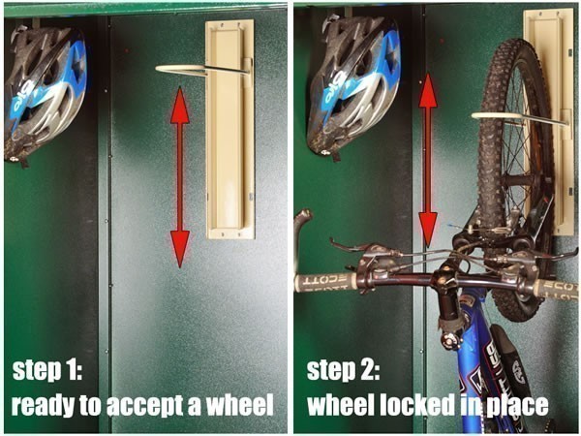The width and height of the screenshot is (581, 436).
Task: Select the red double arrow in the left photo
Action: pyautogui.click(x=179, y=175)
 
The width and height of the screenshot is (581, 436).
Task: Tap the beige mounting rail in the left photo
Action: pyautogui.click(x=230, y=131)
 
